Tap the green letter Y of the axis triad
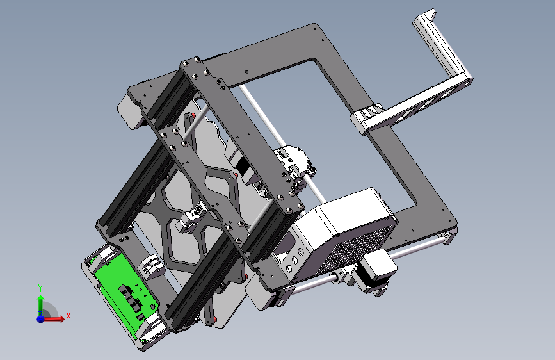pyautogui.click(x=40, y=288)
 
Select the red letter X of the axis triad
pyautogui.click(x=68, y=316)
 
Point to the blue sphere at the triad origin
pyautogui.click(x=41, y=319)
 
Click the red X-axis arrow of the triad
pyautogui.click(x=54, y=319)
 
